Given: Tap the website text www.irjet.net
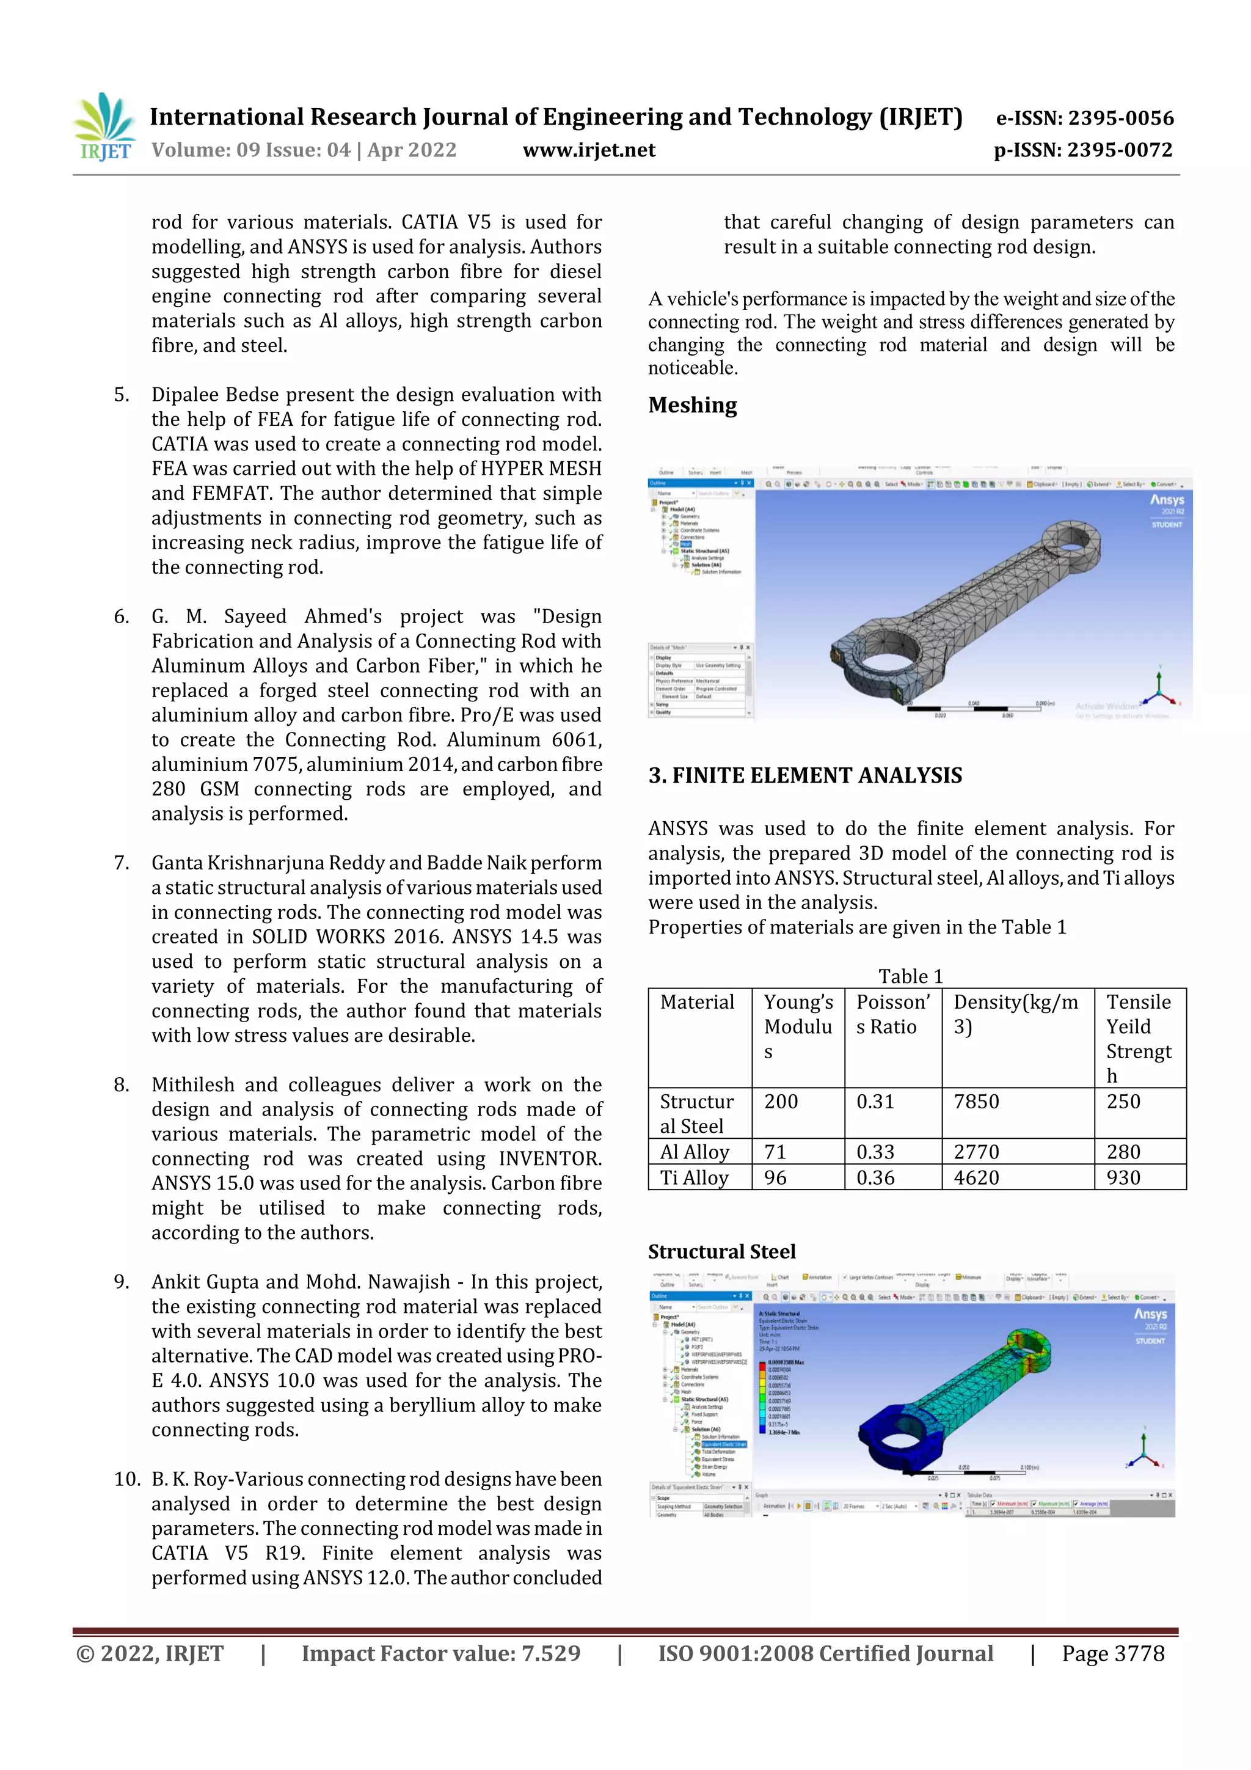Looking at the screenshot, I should (x=589, y=150).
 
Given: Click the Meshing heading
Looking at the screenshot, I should (x=692, y=406).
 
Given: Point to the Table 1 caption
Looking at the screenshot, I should (x=910, y=976).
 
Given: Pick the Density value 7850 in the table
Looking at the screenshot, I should (x=976, y=1102).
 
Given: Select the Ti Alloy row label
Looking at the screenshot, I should (x=694, y=1178).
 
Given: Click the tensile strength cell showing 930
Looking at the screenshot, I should (x=1123, y=1178).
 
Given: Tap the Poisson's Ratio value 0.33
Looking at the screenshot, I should (x=875, y=1152).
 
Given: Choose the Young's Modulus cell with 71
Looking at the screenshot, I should (x=775, y=1152).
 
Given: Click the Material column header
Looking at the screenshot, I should (x=697, y=1002).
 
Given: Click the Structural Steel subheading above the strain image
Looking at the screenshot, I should (x=721, y=1252).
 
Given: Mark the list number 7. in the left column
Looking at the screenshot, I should (x=122, y=863).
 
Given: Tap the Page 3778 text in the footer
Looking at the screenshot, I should (x=1112, y=1653).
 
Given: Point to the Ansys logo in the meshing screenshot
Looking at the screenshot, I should (x=1166, y=500).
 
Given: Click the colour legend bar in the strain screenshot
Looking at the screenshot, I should (x=762, y=1396).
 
